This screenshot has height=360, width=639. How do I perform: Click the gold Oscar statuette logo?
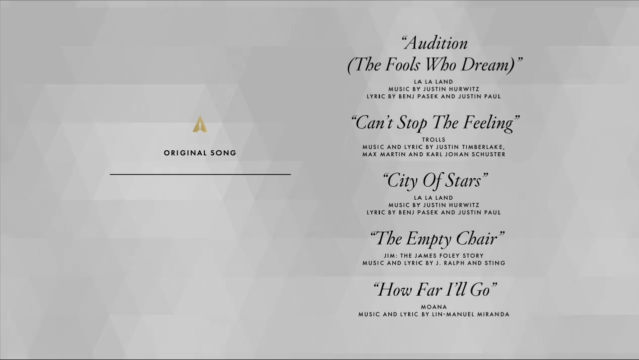(x=200, y=124)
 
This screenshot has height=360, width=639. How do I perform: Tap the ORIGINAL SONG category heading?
(x=200, y=153)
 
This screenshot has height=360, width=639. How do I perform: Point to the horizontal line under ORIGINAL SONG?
(x=200, y=174)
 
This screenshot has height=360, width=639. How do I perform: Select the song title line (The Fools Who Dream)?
(x=435, y=65)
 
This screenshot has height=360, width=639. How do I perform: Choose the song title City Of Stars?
(x=435, y=181)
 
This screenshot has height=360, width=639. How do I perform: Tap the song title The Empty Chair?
(x=437, y=239)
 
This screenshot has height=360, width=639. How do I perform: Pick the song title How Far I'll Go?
(x=435, y=290)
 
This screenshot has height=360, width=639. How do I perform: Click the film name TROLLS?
(x=434, y=140)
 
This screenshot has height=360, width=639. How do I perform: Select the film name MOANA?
(x=434, y=307)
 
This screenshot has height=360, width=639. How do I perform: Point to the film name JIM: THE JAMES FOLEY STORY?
(x=434, y=256)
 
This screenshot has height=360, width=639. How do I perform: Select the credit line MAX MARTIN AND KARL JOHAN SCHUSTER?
(x=434, y=155)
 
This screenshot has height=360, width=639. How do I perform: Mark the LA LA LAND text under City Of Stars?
(x=434, y=198)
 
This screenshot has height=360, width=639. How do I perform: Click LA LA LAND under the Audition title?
(x=434, y=82)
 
